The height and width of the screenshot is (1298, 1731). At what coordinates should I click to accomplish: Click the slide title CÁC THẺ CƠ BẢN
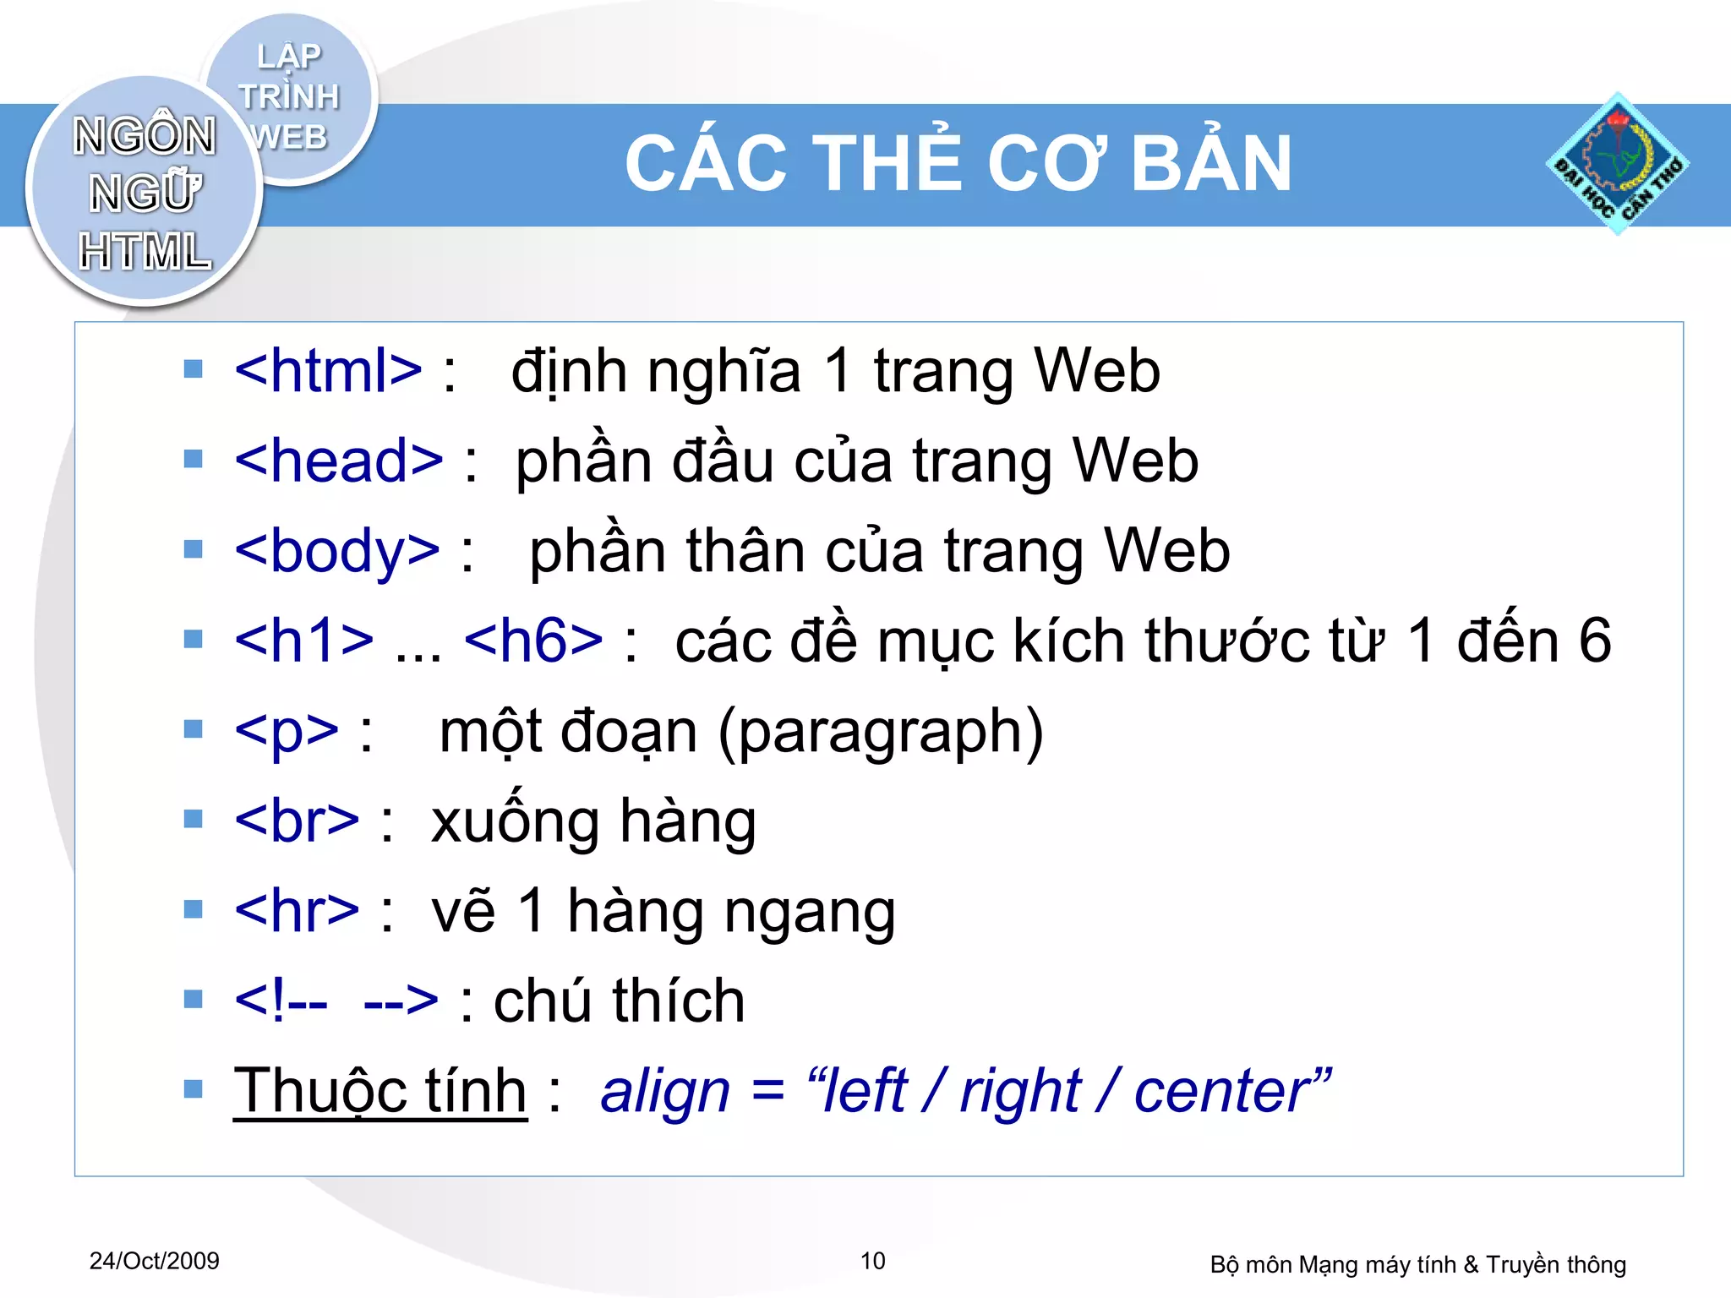click(958, 164)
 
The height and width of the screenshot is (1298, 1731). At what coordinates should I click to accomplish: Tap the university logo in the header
click(1617, 164)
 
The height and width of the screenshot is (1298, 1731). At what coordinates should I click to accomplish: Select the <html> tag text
click(328, 371)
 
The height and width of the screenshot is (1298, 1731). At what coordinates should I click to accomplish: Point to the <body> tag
click(337, 551)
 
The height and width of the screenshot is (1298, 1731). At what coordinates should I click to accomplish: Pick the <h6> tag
click(533, 641)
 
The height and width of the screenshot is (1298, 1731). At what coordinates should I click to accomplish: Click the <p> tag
click(287, 731)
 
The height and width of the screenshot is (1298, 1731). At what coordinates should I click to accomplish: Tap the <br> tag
click(297, 821)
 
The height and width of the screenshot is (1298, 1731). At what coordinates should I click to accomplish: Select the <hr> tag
click(297, 911)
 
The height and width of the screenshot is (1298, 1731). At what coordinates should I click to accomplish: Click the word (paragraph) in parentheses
click(881, 732)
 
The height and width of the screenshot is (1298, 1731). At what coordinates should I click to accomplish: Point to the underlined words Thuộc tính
click(380, 1091)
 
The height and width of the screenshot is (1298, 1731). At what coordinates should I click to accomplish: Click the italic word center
click(1223, 1091)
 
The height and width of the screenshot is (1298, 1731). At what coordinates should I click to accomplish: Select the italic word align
click(665, 1091)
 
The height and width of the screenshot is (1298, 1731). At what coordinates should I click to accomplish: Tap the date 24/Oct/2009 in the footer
click(155, 1261)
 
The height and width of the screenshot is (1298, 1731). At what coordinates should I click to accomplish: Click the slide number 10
click(872, 1261)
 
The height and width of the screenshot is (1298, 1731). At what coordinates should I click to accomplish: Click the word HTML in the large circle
click(145, 252)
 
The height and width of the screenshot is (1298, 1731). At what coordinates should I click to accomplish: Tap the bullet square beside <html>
click(194, 369)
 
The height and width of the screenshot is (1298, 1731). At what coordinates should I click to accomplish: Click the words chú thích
click(619, 1001)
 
